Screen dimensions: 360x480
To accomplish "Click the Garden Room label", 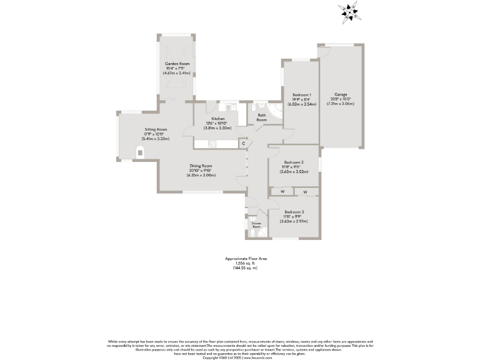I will (177, 64).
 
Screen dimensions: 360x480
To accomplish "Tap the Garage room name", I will (340, 94).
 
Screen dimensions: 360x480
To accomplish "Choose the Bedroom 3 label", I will (294, 212).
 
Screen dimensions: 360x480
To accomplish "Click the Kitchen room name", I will (217, 119).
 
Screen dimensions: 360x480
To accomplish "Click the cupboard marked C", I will (244, 144).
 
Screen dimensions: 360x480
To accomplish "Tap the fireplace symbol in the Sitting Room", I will (139, 151).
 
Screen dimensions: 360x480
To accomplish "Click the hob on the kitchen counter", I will (212, 144).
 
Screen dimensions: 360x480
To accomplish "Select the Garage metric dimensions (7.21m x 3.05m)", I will (340, 104).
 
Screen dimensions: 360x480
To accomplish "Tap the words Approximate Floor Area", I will (241, 258).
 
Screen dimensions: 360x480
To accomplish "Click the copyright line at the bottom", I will (240, 357).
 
